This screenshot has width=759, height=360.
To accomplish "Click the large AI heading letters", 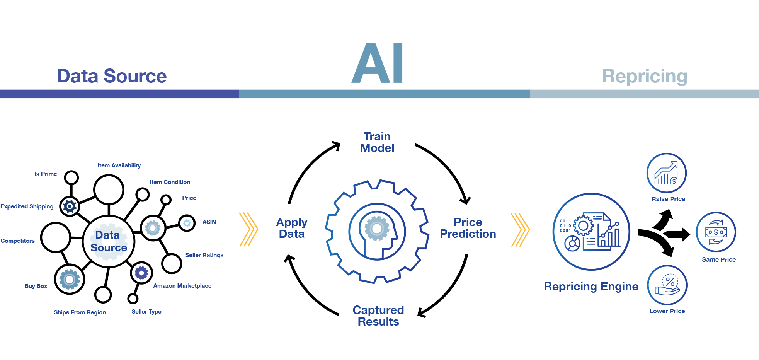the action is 378,63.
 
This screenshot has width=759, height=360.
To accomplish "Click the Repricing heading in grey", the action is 645,77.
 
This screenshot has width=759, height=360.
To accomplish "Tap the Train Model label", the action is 377,142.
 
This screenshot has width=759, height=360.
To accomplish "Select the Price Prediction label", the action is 468,228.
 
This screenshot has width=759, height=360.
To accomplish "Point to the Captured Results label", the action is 378,316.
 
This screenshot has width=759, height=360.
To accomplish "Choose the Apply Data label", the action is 292,228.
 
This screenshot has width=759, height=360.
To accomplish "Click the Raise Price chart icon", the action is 667,173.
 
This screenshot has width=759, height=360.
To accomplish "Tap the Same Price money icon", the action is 716,232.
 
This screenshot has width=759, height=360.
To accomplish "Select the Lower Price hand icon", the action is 667,285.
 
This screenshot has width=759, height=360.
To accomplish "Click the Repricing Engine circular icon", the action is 591,232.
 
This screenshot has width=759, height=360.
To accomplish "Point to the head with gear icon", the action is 377,232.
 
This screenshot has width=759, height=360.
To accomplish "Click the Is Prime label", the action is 46,174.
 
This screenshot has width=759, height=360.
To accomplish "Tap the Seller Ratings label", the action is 204,255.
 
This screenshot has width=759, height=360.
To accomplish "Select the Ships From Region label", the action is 80,312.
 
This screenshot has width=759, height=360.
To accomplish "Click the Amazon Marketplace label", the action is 182,286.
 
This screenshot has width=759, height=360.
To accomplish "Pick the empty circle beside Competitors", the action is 56,237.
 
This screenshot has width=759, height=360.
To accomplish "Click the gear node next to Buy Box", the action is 70,279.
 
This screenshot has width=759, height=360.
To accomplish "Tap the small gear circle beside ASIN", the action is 187,223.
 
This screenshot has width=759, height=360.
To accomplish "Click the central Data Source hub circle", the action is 109,242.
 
